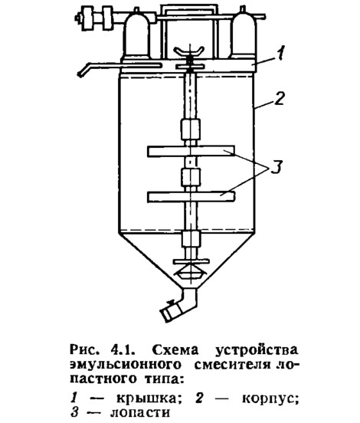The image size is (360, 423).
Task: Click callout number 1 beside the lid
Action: point(281,53)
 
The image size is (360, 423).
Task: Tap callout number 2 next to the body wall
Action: point(280,98)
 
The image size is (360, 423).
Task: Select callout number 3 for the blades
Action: point(277,167)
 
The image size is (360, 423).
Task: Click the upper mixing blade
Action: point(191,151)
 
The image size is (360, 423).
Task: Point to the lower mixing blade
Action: point(191,196)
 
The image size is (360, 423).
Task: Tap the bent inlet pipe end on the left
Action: point(83,70)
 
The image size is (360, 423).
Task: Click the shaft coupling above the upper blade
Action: point(191,130)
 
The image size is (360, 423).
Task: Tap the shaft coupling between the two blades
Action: point(191,177)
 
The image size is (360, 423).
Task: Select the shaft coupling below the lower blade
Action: point(191,239)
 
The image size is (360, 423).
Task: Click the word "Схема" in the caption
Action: point(175,350)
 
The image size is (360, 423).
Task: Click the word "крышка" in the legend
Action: point(148,398)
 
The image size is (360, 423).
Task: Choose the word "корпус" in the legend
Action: point(270,399)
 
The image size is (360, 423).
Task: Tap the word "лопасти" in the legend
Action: point(140,413)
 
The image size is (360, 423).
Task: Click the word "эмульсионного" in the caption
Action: point(126,365)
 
